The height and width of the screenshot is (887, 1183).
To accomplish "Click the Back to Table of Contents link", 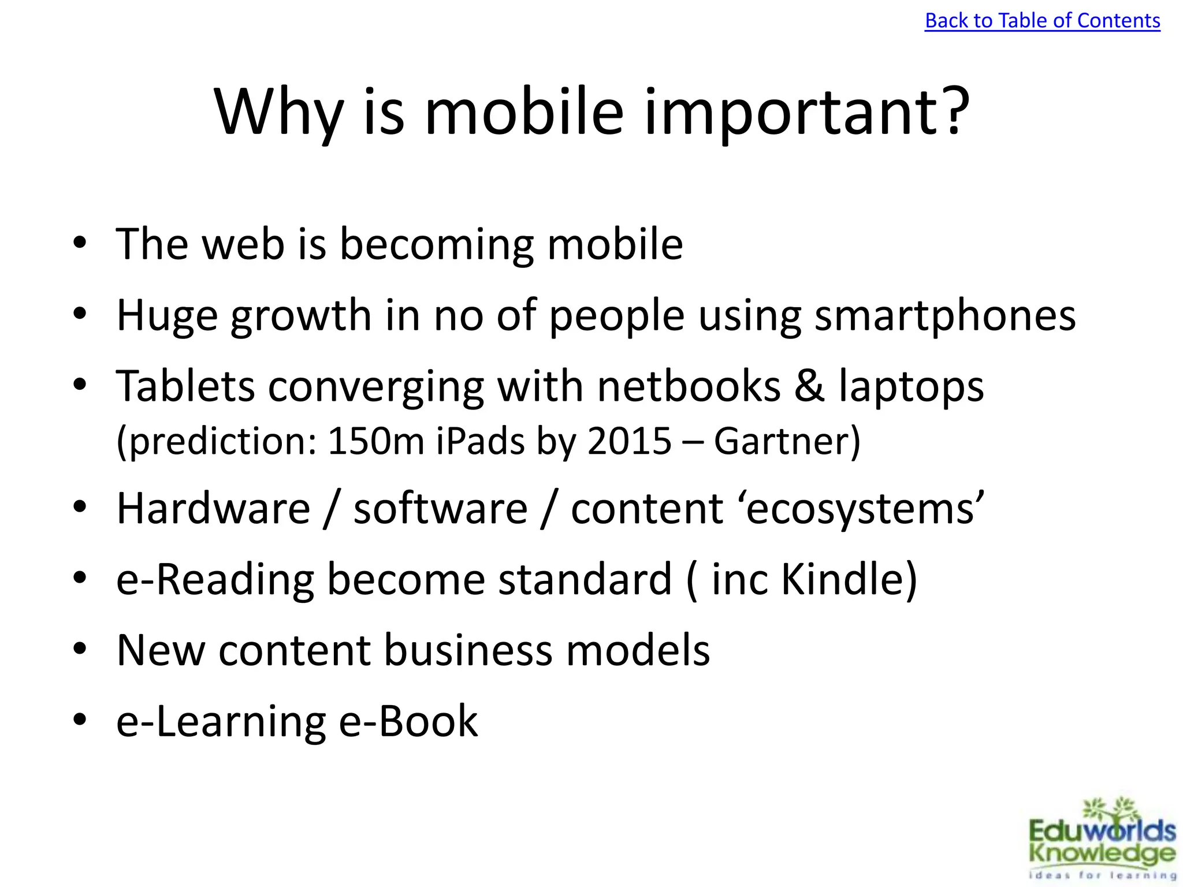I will pos(1042,21).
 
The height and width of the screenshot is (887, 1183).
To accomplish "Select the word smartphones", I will pos(945,316).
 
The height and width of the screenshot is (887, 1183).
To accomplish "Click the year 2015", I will pos(629,441).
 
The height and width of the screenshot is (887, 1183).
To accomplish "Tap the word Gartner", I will pos(781,441).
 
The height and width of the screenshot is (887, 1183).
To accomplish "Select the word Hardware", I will pos(213,509).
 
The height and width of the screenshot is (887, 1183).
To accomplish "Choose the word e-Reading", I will pos(215,579).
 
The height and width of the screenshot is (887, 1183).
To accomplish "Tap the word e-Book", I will pos(408,721).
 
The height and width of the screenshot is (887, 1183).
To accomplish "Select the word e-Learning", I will pos(221,721).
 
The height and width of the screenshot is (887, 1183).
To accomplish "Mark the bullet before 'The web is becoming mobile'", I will pos(80,243).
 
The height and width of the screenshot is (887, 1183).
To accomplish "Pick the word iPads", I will pos(479,441).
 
